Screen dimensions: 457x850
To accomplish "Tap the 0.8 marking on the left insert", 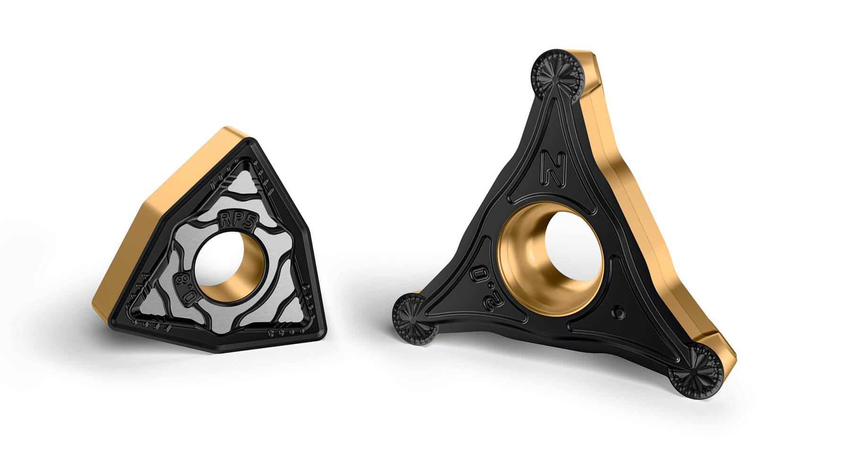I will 185,287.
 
